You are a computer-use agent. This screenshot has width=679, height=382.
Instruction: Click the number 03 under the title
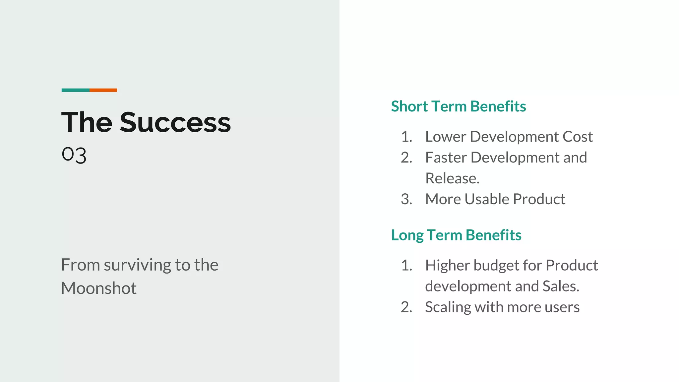coord(74,155)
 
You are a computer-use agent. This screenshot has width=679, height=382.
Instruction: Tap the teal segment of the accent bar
coord(75,90)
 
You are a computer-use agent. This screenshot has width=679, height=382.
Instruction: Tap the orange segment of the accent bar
coord(103,90)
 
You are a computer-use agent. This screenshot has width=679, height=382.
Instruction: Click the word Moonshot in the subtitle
coord(99,288)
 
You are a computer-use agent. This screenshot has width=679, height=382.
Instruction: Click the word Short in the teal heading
coord(409,106)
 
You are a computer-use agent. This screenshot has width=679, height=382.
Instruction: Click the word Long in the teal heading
coord(407,235)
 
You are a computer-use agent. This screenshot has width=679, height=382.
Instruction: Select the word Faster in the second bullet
coord(446,158)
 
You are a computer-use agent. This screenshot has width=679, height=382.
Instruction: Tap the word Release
coord(452,178)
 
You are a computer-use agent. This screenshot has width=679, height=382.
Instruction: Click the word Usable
coord(487,199)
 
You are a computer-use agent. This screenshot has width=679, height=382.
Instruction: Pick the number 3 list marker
coord(406,199)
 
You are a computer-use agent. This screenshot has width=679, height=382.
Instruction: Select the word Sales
coord(561,286)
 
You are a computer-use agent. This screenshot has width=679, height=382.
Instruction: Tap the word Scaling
coord(448,307)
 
